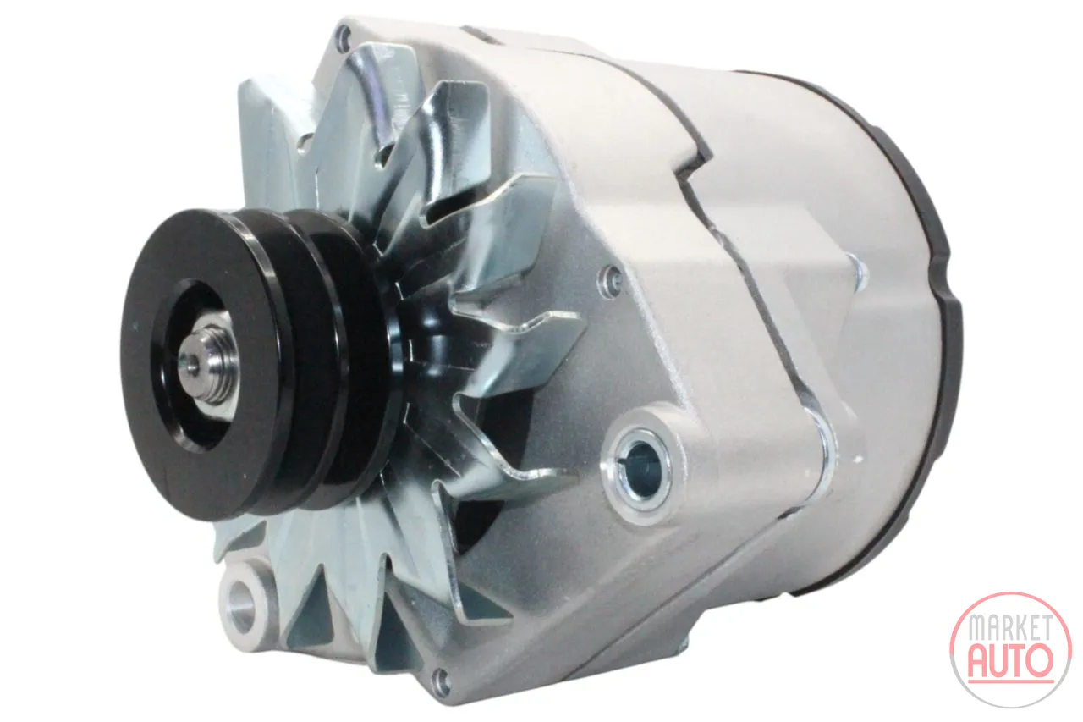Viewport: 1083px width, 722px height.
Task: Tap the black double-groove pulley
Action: (x=251, y=362)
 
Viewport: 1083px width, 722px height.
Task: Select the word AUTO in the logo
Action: (x=1010, y=660)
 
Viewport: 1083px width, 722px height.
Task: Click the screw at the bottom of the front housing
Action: (x=439, y=678)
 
